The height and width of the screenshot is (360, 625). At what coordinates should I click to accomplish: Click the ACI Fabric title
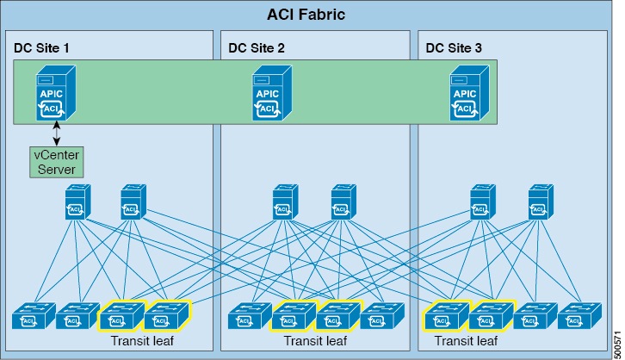311,15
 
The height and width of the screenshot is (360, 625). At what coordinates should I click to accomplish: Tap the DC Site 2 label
257,47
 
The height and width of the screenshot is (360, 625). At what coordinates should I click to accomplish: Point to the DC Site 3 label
455,47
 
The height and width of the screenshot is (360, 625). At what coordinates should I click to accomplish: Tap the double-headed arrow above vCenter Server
56,133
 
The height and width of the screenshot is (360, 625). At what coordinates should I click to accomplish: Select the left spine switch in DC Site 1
76,203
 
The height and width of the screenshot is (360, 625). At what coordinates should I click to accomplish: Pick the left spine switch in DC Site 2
284,203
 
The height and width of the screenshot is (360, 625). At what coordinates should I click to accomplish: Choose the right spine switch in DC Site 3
541,203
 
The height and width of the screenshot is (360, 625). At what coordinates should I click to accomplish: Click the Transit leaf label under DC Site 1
145,341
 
